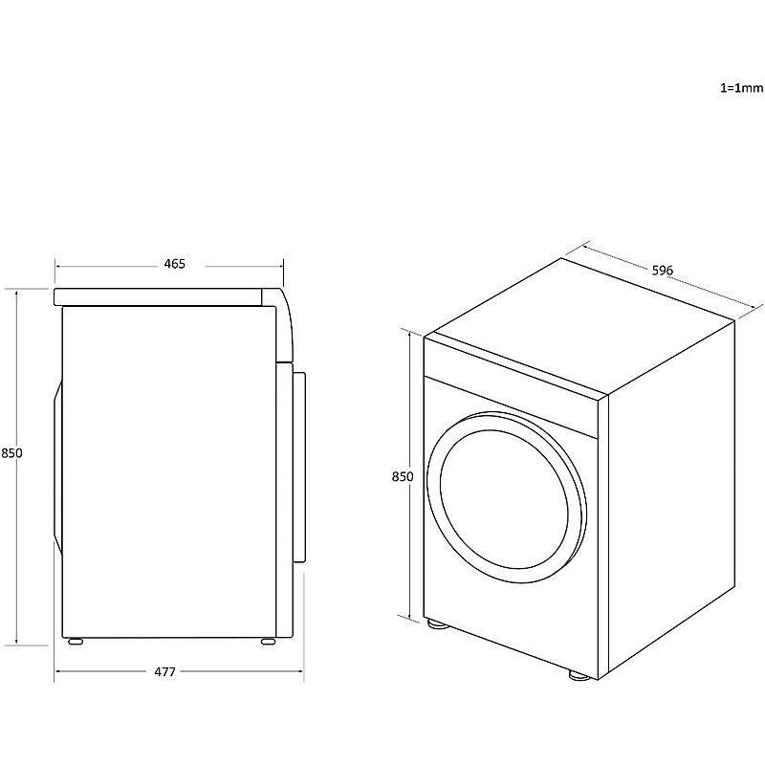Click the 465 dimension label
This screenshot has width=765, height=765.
click(x=175, y=264)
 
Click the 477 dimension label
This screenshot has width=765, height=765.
click(x=164, y=672)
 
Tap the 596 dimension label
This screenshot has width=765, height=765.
click(x=663, y=270)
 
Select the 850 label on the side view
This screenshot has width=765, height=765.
click(x=11, y=453)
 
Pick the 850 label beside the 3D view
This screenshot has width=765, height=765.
click(x=403, y=476)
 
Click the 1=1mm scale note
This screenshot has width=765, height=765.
click(x=742, y=88)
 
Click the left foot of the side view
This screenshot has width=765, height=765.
click(x=76, y=642)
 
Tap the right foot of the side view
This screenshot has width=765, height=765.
click(x=268, y=642)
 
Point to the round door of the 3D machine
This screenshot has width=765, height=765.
click(x=508, y=497)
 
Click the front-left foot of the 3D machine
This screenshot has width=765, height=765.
click(x=437, y=624)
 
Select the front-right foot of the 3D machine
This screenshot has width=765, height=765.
click(x=579, y=676)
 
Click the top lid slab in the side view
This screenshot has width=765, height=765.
click(x=158, y=296)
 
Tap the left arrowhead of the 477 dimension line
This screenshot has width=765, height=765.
click(x=57, y=672)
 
